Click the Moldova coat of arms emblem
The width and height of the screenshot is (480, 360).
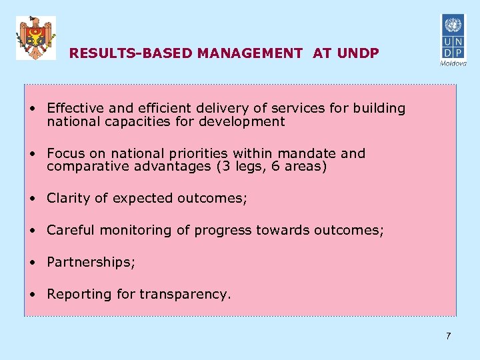[36, 38]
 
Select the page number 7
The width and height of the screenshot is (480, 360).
[448, 336]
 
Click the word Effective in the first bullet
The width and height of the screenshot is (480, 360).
[73, 108]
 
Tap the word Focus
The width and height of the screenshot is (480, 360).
[66, 153]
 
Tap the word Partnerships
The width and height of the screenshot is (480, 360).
[90, 263]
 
